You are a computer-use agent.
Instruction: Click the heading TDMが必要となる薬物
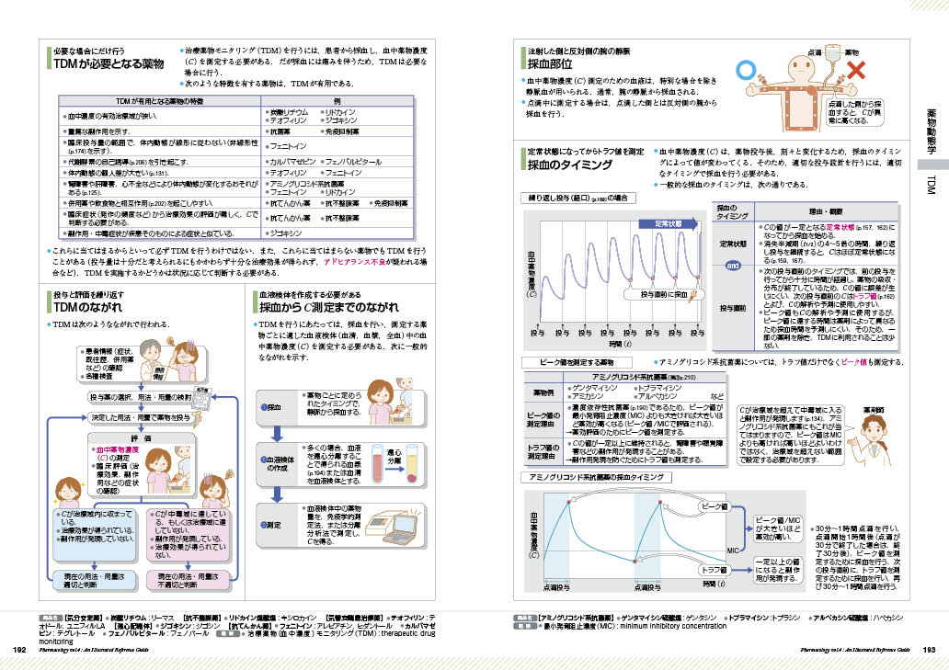109,65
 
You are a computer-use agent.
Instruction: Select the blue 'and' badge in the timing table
734,266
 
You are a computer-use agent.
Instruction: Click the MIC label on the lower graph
733,550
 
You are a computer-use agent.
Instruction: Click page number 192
18,650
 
